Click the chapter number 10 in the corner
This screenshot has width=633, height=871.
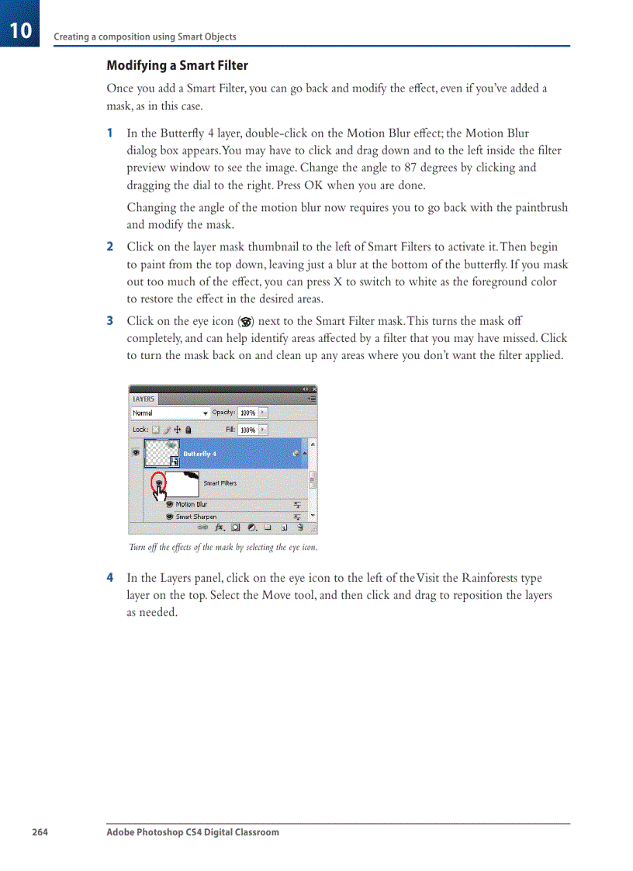(x=21, y=30)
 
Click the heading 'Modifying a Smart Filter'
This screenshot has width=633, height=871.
(x=177, y=65)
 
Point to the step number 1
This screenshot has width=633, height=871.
(x=110, y=133)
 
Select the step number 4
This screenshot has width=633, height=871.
(x=110, y=578)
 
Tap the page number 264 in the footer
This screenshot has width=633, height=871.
(x=40, y=832)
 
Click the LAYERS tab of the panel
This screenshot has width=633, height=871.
(x=143, y=399)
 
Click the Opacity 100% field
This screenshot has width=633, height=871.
(x=247, y=413)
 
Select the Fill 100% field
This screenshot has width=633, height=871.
(x=247, y=430)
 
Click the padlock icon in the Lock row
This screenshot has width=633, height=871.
(x=189, y=430)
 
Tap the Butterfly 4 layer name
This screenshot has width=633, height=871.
(x=199, y=454)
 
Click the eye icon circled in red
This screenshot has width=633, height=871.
(x=157, y=482)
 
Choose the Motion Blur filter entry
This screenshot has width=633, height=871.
(x=191, y=504)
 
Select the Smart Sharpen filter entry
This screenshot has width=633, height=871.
(x=195, y=517)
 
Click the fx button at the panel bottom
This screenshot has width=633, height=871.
(x=220, y=527)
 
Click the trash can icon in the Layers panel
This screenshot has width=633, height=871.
(x=300, y=527)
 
